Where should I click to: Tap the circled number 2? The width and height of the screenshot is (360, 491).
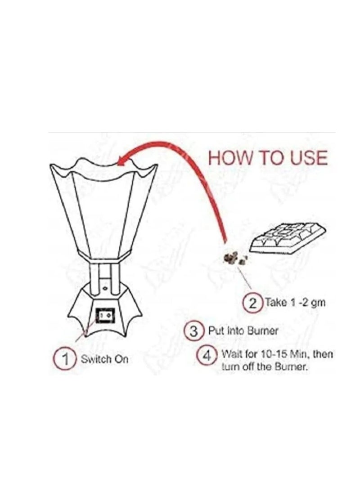253,303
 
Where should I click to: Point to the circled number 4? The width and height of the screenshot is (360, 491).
207,356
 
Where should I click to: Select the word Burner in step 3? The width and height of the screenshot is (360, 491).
262,330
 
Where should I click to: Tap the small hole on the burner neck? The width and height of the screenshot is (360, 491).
105,287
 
